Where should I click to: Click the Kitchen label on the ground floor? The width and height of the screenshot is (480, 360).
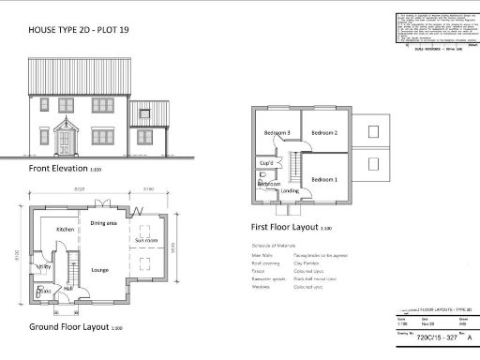[65, 230]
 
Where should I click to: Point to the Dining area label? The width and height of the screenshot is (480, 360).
[103, 224]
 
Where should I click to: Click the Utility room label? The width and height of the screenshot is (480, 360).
[43, 267]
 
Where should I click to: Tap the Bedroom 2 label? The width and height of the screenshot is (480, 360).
[324, 132]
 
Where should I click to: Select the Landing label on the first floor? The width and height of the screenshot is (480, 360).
[290, 190]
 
